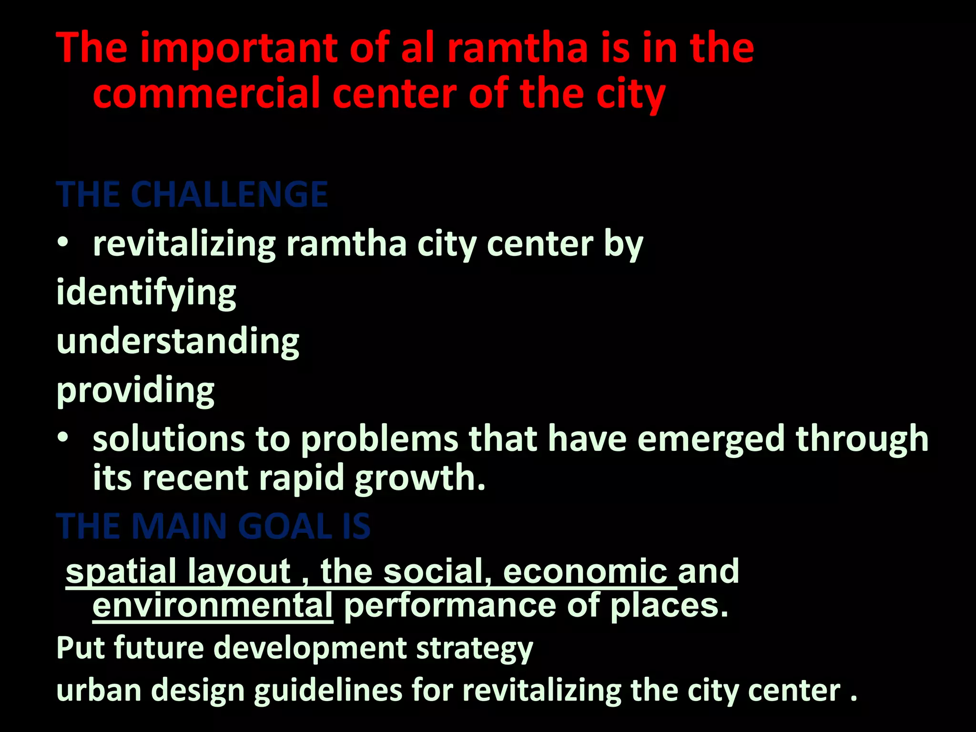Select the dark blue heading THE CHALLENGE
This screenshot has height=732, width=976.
click(192, 194)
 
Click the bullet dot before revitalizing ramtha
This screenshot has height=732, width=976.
click(62, 243)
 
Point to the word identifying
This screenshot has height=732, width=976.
click(146, 293)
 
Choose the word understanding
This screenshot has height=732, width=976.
click(178, 342)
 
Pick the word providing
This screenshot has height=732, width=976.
click(135, 391)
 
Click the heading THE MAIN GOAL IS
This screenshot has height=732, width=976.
click(213, 527)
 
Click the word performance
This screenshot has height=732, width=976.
click(450, 606)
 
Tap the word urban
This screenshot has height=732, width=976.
click(99, 691)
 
